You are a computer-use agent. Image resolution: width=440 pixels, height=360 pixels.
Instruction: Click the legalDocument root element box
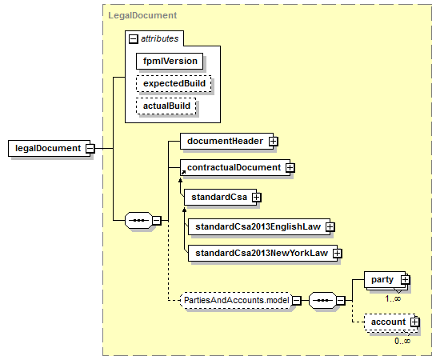[49, 148]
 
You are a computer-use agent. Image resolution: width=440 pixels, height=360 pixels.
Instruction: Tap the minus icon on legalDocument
[90, 148]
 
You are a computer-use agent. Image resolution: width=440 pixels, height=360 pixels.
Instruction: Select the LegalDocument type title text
[142, 15]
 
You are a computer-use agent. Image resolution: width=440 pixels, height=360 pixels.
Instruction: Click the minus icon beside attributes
[134, 38]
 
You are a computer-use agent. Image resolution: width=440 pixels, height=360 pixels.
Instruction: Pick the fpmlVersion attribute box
[170, 61]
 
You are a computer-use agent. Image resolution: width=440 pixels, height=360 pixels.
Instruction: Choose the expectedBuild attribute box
[174, 83]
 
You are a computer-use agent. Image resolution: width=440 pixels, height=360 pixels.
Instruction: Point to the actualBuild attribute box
[166, 106]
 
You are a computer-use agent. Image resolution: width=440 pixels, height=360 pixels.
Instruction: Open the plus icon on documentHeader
[273, 141]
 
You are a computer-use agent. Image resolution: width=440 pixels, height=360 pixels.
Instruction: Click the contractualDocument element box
[235, 167]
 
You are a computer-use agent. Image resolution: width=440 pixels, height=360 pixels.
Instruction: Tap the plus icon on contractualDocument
[290, 167]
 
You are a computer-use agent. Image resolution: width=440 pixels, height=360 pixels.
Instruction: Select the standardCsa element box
[220, 197]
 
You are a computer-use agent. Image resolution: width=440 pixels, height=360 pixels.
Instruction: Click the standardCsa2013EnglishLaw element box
[259, 226]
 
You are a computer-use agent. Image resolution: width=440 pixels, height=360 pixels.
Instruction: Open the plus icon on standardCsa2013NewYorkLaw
[338, 253]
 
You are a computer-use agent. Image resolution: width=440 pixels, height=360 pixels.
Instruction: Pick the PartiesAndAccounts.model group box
[236, 300]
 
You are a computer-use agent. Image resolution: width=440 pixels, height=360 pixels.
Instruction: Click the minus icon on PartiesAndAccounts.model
[297, 301]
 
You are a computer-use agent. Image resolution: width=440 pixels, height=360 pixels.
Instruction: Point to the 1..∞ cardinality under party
[393, 298]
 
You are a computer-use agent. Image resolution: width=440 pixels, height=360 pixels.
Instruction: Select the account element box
[391, 322]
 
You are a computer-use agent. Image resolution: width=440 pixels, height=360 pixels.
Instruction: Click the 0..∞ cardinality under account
[402, 341]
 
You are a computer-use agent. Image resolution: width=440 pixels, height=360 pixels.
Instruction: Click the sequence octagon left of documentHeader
[139, 221]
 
